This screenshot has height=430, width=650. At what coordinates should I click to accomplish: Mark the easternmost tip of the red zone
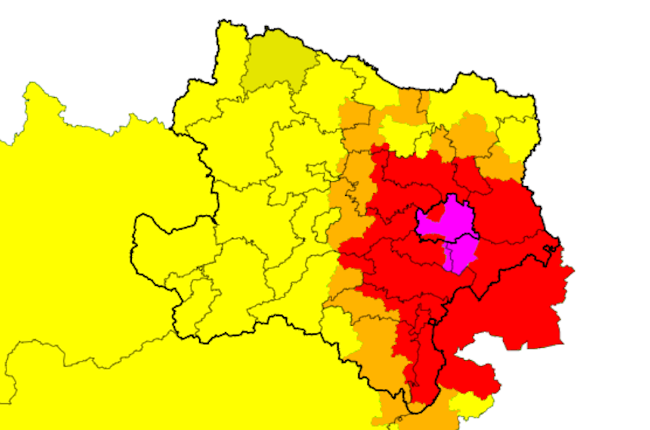(574, 269)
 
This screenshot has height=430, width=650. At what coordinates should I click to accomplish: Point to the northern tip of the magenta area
(451, 195)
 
